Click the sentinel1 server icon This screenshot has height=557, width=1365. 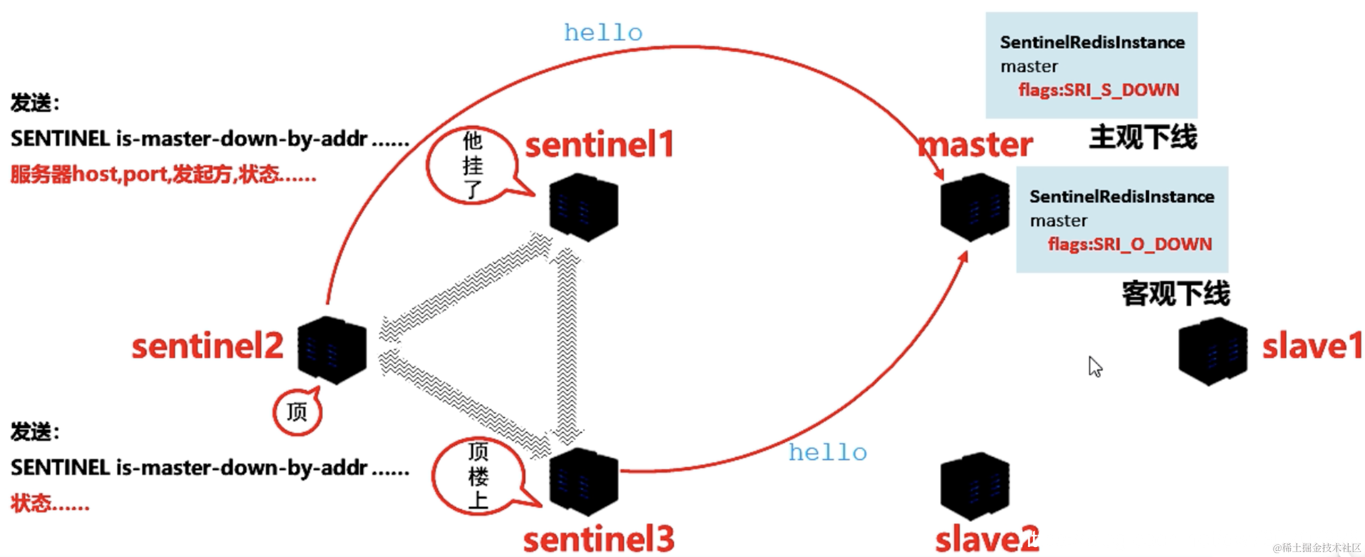pos(583,207)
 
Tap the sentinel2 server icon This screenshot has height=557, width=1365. pos(332,350)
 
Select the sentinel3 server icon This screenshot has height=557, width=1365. pos(583,482)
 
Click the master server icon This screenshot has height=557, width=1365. pos(974,207)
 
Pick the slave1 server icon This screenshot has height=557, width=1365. pos(1213,351)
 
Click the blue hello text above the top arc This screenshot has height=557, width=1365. pos(603,33)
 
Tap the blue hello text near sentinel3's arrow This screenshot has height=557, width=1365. pos(828,453)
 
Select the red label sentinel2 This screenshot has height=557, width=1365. pos(207,346)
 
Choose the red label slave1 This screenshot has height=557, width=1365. pos(1312,346)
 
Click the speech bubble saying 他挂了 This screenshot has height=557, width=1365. pos(472,165)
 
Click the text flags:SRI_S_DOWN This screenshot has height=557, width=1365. pos(1098,90)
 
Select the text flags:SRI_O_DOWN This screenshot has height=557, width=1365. pos(1129,244)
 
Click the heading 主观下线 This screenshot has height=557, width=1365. pos(1143,137)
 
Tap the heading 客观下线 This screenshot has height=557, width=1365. pos(1175,293)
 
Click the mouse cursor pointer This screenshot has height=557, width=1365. pos(1095,367)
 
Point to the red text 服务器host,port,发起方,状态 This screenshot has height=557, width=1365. pos(163,175)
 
